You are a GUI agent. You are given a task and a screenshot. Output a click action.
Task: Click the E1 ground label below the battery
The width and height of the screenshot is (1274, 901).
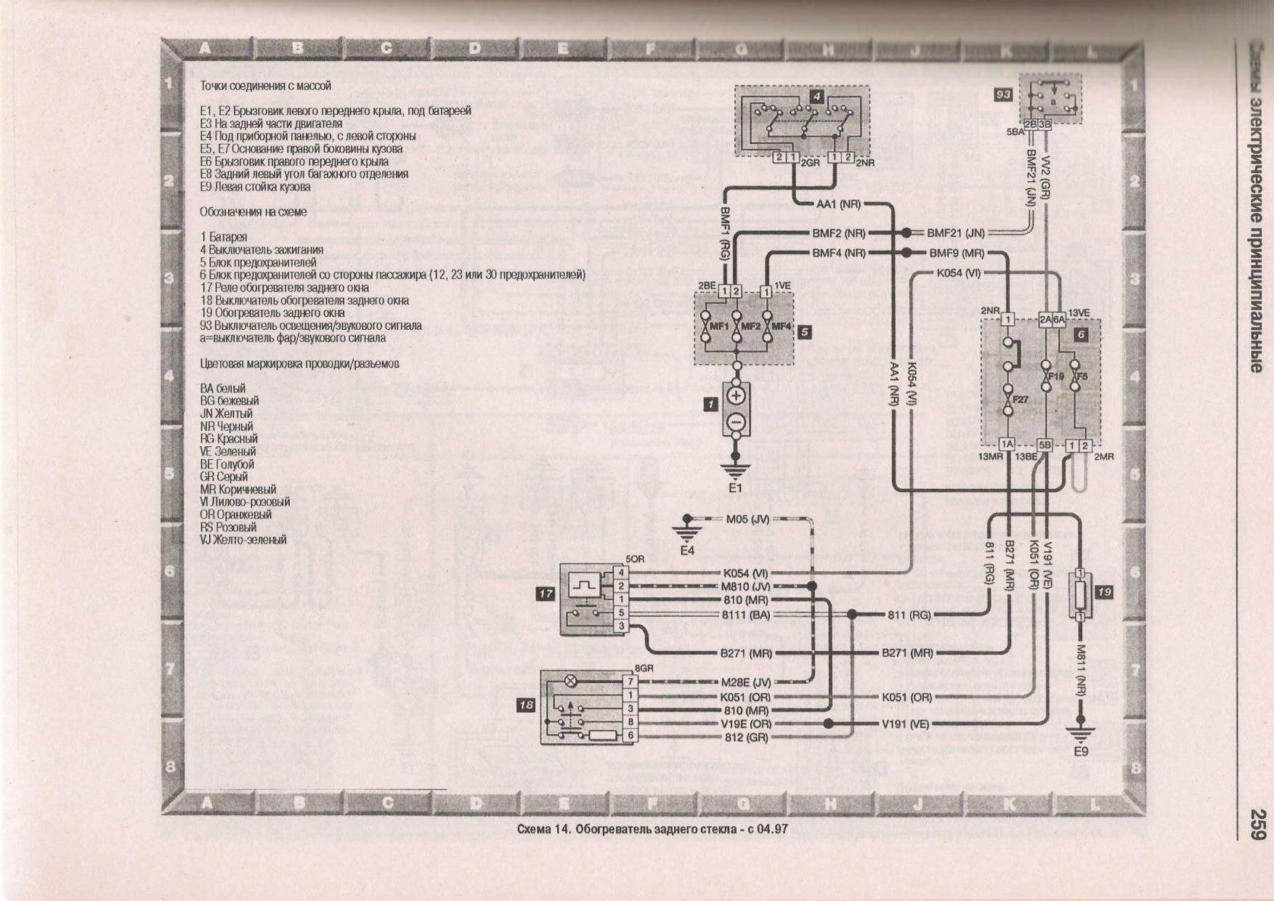coord(735,488)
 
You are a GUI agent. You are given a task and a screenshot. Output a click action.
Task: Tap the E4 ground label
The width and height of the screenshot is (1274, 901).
coord(687,550)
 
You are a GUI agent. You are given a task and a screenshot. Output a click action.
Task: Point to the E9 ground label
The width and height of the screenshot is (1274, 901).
coord(1081,751)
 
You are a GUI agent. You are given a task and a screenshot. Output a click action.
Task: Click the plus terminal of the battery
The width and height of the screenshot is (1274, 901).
coord(736,396)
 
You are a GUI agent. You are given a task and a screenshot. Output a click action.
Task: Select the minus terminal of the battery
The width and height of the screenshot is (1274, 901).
coord(736,421)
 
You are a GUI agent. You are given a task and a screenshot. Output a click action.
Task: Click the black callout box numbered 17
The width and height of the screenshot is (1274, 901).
coord(545,594)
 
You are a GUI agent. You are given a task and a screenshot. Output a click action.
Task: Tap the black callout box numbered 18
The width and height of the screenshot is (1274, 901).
coord(526,705)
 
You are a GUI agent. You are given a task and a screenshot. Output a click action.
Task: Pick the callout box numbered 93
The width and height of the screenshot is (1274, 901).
coord(1003,94)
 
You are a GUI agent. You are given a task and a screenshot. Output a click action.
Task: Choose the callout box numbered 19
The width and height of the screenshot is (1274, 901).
coord(1104,592)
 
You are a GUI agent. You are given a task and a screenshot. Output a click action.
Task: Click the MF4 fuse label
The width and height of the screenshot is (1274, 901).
coord(781,326)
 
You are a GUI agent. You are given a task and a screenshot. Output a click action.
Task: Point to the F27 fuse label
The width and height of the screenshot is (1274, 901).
coord(1021,399)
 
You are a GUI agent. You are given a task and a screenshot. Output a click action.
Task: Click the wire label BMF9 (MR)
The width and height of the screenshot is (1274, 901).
coord(957,253)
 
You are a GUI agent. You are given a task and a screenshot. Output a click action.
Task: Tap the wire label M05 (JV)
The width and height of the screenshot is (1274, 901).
coord(747,520)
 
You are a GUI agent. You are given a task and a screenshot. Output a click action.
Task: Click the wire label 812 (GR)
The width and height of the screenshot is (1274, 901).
coord(746,737)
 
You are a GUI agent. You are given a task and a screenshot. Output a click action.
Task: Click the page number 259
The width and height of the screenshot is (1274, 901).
coord(1258,825)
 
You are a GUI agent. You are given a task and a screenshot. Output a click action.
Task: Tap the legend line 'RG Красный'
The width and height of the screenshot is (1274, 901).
coord(229,439)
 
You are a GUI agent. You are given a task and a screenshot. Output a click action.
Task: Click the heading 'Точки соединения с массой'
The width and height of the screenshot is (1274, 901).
coord(265,86)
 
